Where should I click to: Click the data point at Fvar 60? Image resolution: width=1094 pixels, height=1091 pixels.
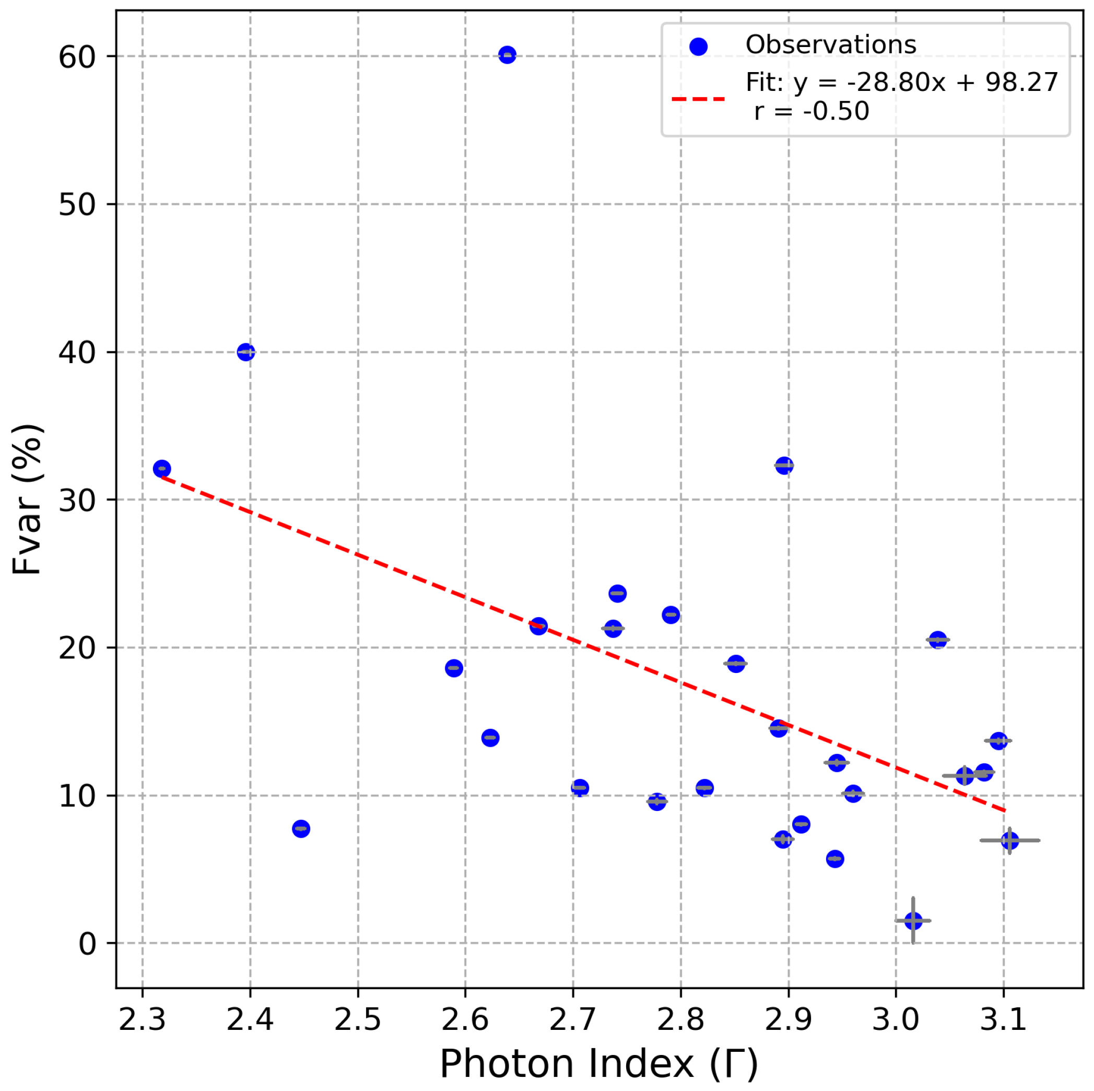[x=507, y=55]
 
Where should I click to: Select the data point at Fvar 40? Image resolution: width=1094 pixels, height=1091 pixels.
[x=245, y=352]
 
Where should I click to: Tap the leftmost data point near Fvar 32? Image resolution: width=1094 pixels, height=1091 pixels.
[x=162, y=469]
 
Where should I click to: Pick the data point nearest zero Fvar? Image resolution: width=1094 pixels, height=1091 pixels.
[x=913, y=921]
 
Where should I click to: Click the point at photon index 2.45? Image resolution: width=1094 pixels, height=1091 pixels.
[x=301, y=829]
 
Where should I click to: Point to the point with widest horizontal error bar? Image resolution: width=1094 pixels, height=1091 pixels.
[x=1009, y=840]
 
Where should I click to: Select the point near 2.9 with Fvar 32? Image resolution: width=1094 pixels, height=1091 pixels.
[x=784, y=466]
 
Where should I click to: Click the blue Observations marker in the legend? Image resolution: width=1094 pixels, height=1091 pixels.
[x=698, y=47]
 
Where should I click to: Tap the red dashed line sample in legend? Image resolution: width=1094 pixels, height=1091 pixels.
[x=698, y=99]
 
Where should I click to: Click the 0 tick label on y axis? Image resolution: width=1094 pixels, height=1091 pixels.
[x=88, y=944]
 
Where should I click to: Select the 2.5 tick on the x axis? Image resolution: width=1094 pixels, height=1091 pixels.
[x=357, y=1019]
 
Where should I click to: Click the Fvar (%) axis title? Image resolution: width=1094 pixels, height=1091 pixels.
[x=27, y=499]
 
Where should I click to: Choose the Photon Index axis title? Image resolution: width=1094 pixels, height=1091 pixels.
[x=598, y=1064]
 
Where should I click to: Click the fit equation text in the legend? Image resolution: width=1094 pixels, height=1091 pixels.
[x=901, y=83]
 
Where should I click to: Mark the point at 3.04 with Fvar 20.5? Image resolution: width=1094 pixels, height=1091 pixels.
[x=938, y=640]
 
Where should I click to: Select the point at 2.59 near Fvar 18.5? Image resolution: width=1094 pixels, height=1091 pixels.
[x=454, y=668]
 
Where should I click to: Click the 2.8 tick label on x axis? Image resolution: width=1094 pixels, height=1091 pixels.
[x=680, y=1019]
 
